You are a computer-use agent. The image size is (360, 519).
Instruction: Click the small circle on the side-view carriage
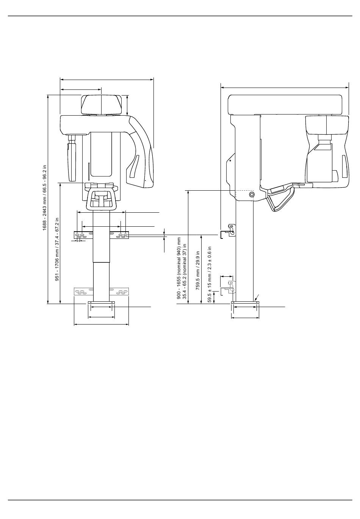click(252, 194)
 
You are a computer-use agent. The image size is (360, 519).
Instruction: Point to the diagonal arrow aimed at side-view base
click(256, 297)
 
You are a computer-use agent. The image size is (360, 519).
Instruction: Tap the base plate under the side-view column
click(245, 303)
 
